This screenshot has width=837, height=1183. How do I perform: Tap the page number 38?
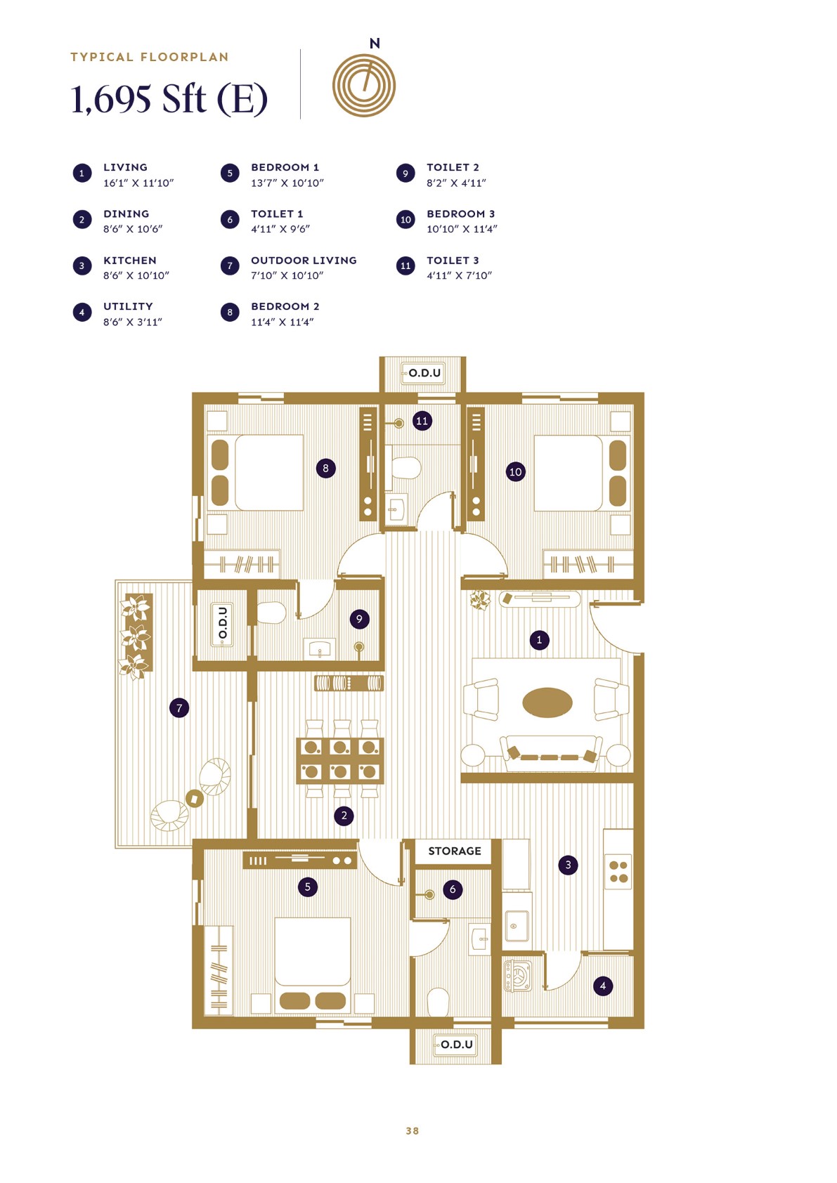coord(413,1130)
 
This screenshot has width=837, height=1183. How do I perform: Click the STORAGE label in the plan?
coord(455,851)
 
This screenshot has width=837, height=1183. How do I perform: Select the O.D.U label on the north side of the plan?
coord(424,373)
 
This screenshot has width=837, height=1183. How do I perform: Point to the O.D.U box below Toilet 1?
coord(456,1045)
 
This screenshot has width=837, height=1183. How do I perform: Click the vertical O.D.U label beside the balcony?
coord(223,623)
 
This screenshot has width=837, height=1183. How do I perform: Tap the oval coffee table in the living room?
coord(547,702)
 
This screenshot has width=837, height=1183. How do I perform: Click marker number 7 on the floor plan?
coord(179,707)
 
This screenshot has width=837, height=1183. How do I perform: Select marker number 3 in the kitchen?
coord(568,865)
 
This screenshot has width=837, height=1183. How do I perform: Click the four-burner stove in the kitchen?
coord(618,872)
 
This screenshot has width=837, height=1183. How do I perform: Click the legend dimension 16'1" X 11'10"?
coord(138,183)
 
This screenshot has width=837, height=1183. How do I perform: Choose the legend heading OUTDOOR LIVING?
coord(304,260)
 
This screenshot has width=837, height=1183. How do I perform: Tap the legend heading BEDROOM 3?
coord(460,214)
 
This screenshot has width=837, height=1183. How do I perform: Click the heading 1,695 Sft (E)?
coord(169,98)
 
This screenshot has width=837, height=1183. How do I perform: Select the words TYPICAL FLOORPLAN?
coord(149,57)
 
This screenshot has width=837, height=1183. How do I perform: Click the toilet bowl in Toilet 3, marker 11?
coord(405,468)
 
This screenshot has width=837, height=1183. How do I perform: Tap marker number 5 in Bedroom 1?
coord(307,887)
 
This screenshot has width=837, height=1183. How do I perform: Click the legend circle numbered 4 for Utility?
coord(82,312)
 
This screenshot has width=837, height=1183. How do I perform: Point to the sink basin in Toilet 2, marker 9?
coord(320,648)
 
